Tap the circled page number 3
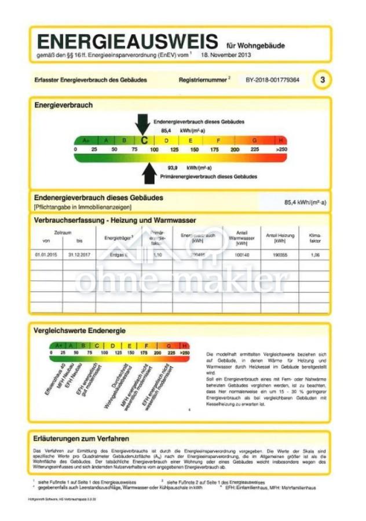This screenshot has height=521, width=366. pos(322,79)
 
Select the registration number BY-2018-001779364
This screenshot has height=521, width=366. pos(272,79)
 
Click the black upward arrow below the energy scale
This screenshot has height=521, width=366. pos(149,172)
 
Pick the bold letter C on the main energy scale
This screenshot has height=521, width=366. pos(144,140)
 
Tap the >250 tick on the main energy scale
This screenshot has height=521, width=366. pos(281,149)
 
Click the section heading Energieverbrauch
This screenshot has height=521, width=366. pos(63,105)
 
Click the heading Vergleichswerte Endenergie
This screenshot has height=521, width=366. pos(80,331)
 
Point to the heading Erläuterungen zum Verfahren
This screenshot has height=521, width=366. pos(81,438)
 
